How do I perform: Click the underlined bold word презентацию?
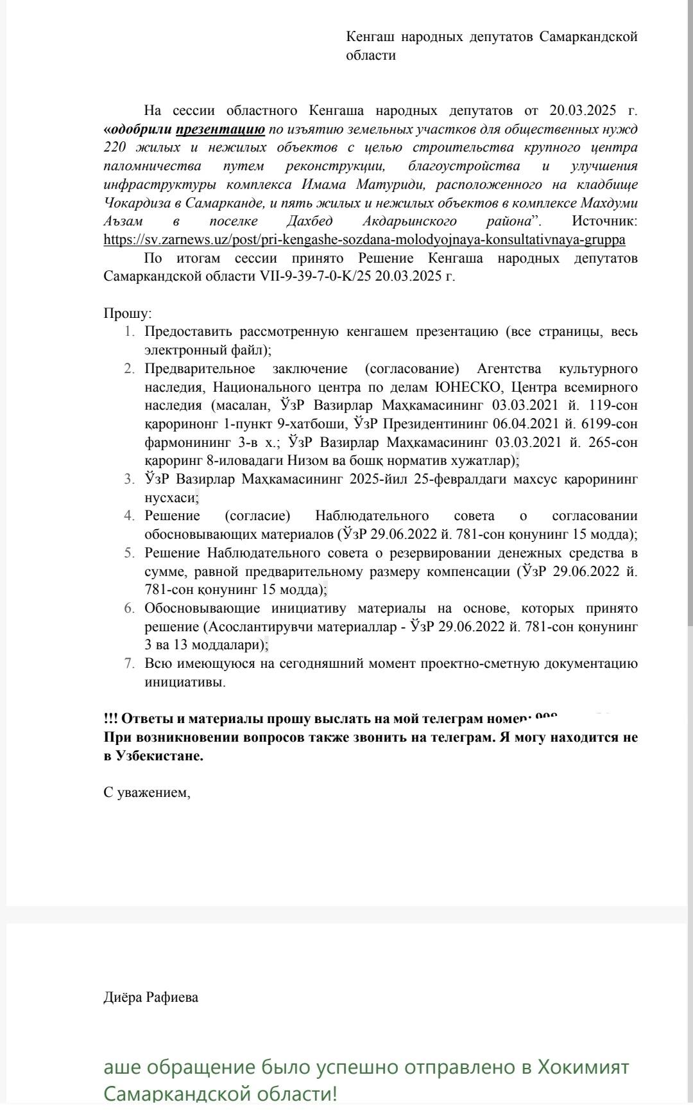point(220,129)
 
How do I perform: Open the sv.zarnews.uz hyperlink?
point(364,240)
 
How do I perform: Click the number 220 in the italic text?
point(115,148)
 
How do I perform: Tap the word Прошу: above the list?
point(128,314)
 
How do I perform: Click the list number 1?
point(129,332)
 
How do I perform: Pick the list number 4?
point(129,516)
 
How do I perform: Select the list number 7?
point(129,663)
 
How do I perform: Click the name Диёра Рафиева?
point(151,997)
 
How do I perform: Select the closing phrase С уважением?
point(147,792)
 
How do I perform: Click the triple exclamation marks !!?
point(110,719)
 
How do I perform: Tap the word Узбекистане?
point(159,756)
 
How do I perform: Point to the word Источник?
point(604,222)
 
